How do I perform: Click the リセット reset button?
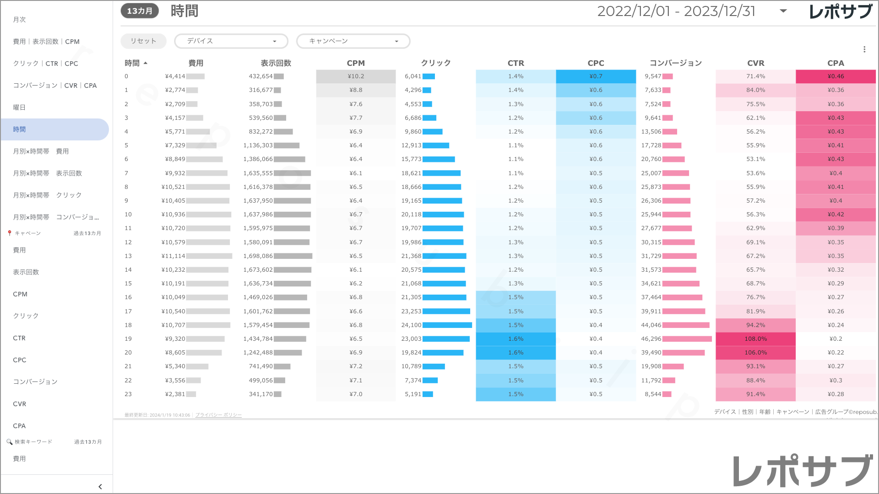143,41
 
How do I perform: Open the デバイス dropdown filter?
231,41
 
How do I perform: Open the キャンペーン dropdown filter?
353,41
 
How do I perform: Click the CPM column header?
356,63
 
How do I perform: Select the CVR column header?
755,63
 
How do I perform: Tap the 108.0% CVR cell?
755,339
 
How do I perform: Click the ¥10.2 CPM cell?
356,76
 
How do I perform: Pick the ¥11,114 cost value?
174,256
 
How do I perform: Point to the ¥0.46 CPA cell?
836,76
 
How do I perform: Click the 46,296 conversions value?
651,339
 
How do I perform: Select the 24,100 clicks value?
411,325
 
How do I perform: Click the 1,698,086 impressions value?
258,256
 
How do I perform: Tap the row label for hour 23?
128,394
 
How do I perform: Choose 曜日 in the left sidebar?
19,107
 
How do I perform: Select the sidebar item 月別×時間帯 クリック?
47,195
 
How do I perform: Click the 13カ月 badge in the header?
140,11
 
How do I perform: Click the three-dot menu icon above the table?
864,49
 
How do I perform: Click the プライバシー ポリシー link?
218,415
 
